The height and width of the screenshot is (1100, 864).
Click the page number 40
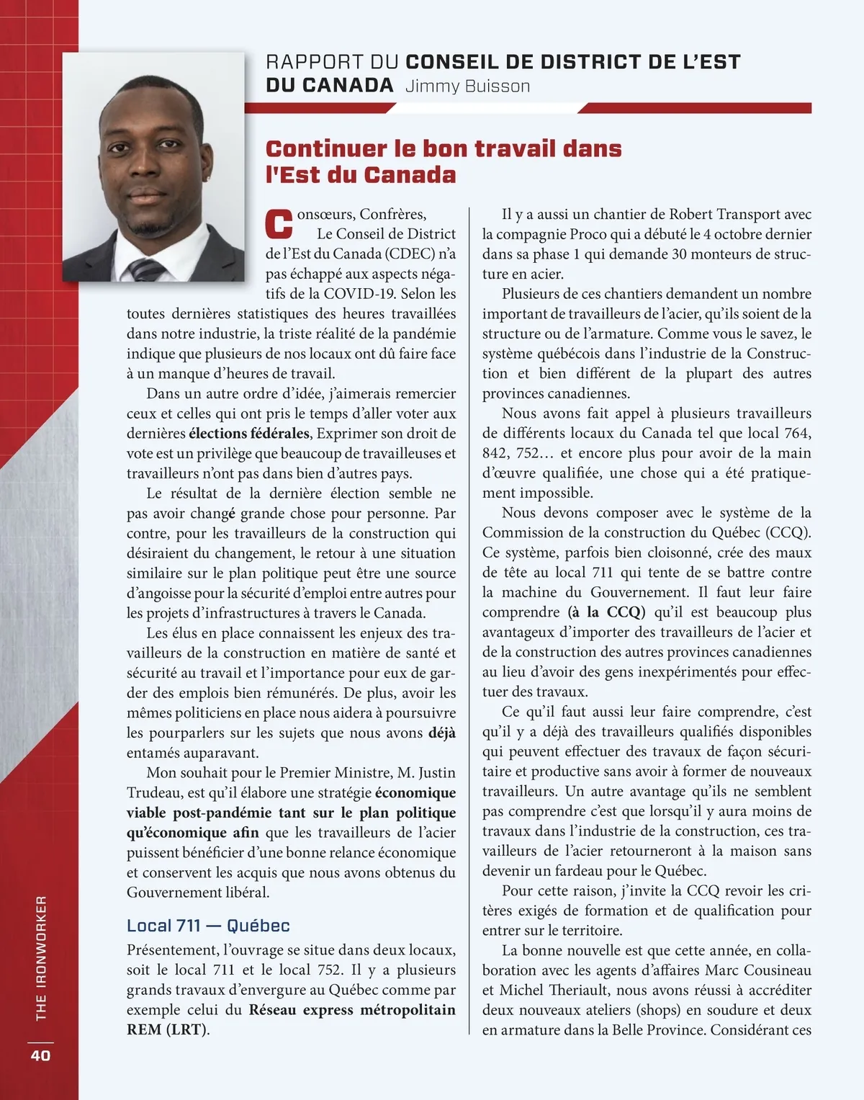(40, 1055)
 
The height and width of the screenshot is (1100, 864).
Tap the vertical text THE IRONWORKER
(41, 957)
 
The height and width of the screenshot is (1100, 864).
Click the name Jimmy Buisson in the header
(467, 86)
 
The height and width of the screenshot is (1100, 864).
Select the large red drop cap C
(279, 224)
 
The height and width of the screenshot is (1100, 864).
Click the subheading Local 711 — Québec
(208, 926)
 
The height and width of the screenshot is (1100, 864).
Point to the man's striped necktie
(146, 269)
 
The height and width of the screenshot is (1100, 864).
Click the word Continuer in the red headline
(325, 149)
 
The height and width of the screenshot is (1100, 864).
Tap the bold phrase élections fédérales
(249, 434)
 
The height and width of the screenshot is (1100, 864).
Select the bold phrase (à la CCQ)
(606, 612)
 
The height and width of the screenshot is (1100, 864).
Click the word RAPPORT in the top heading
(314, 63)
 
